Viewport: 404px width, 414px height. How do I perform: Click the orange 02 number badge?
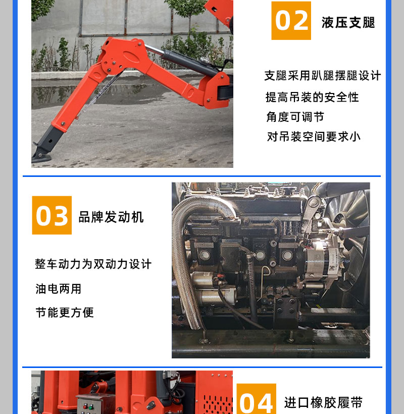coord(291,21)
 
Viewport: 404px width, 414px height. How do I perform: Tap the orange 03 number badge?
coord(52,215)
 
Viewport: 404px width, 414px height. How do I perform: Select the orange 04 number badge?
coord(257,399)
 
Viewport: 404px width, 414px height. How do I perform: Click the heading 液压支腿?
coord(348,22)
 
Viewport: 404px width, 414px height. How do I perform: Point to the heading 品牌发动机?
coord(111,217)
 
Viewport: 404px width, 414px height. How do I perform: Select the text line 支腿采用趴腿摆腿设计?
coord(323,76)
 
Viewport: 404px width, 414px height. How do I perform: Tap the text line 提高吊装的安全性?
coord(312,97)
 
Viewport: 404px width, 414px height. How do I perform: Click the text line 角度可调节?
coord(295,117)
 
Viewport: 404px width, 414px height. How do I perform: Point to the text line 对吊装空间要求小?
coord(314,137)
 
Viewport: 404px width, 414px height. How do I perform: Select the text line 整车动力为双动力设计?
coord(93,264)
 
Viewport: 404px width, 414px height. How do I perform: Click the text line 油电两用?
coord(58,289)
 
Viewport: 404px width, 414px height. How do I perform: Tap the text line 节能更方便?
coord(65,312)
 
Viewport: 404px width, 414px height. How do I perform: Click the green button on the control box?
coord(91,406)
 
